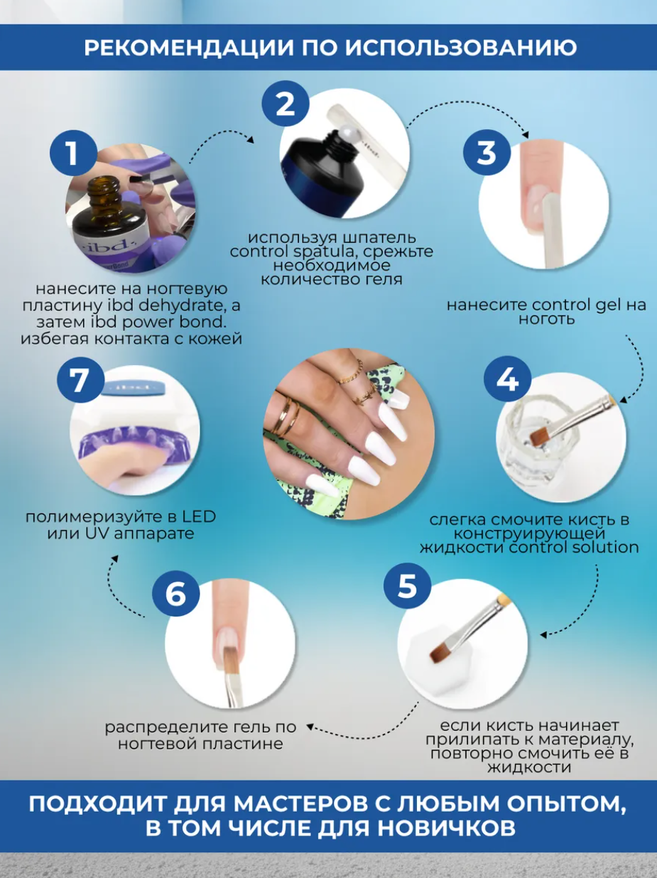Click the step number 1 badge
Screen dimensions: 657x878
coord(74,153)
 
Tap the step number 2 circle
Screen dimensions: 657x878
coord(286,103)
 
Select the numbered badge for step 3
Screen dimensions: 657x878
coord(487,152)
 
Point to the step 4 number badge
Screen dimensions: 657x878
coord(507,379)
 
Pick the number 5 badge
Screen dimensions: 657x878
coord(408,585)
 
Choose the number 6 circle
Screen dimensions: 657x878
coord(176,593)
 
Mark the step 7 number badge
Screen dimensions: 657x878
coord(81,380)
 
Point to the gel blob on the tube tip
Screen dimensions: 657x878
coord(344,141)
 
